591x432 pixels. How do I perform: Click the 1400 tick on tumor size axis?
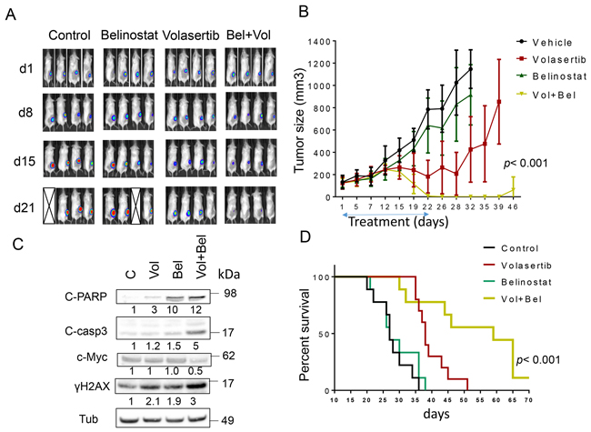pyautogui.click(x=328, y=40)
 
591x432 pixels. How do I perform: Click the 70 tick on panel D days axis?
pyautogui.click(x=528, y=400)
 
